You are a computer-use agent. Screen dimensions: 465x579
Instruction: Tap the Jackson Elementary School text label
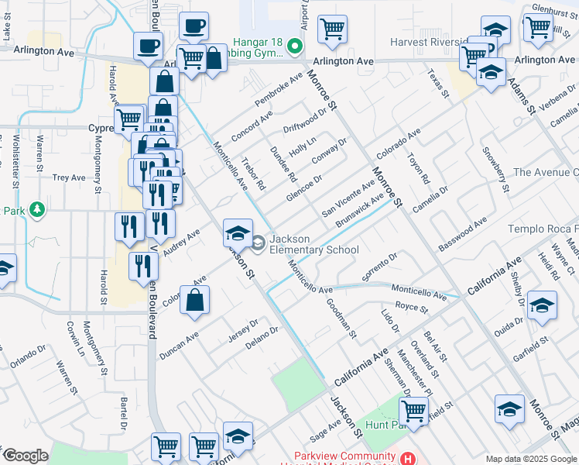pyautogui.click(x=313, y=244)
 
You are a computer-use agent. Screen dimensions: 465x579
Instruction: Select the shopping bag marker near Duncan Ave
pyautogui.click(x=195, y=301)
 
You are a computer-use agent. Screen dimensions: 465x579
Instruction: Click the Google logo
pyautogui.click(x=25, y=456)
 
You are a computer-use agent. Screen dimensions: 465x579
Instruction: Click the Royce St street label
pyautogui.click(x=412, y=308)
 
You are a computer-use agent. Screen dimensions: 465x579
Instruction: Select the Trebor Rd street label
pyautogui.click(x=253, y=174)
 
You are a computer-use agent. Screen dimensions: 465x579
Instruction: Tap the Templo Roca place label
pyautogui.click(x=543, y=229)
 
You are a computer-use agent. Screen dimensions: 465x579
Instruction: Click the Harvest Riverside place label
pyautogui.click(x=427, y=43)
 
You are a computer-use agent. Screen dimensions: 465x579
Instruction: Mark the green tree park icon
pyautogui.click(x=36, y=210)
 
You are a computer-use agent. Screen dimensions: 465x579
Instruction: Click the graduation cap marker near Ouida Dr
pyautogui.click(x=542, y=305)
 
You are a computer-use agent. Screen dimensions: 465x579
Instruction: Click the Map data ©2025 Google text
pyautogui.click(x=531, y=459)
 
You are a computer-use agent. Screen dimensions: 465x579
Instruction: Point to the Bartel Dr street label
pyautogui.click(x=123, y=414)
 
